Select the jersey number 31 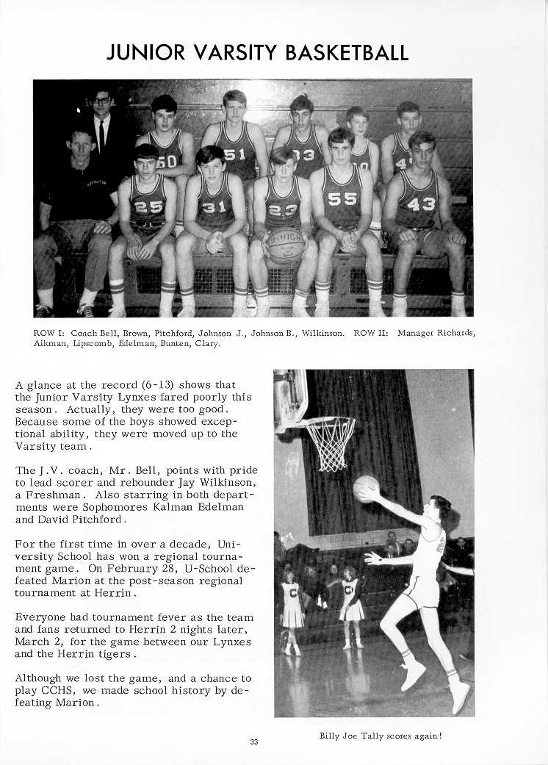click(x=214, y=208)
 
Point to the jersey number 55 click(x=342, y=199)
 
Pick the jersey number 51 click(x=235, y=154)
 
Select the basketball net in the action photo click(x=330, y=442)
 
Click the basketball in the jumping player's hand click(x=366, y=489)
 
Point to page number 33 click(x=253, y=741)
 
